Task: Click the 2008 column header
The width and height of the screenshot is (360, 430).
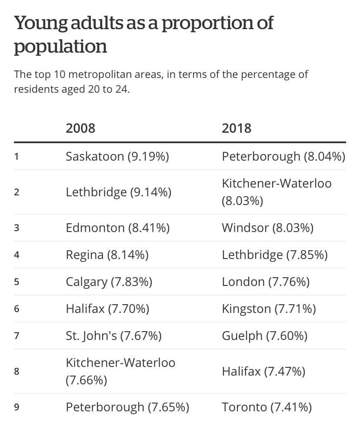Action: [80, 128]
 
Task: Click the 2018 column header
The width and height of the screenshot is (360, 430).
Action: [237, 128]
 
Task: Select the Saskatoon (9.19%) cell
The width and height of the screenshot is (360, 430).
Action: [117, 156]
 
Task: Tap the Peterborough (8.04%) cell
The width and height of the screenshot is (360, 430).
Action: [283, 156]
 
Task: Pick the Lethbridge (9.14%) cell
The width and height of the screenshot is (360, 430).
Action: [118, 192]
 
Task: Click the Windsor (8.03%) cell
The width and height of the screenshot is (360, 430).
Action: [267, 228]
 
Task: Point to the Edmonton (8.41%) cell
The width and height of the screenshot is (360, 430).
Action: [117, 228]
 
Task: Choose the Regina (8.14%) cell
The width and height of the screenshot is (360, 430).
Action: [107, 255]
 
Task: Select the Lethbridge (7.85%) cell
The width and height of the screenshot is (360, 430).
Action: [274, 255]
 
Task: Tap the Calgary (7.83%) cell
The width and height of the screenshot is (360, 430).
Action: [109, 282]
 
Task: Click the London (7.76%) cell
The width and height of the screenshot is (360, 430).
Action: [266, 282]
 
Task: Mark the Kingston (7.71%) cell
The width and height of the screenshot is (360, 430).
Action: [269, 309]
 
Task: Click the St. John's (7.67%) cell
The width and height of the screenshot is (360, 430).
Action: [113, 336]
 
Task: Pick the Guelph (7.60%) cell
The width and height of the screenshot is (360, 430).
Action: [264, 336]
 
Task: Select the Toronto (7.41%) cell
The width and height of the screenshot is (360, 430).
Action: [267, 407]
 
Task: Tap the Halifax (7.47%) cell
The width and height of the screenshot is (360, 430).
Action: [263, 372]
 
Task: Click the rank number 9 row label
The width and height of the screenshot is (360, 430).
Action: [17, 407]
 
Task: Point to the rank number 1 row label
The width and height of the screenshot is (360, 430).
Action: [17, 156]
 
